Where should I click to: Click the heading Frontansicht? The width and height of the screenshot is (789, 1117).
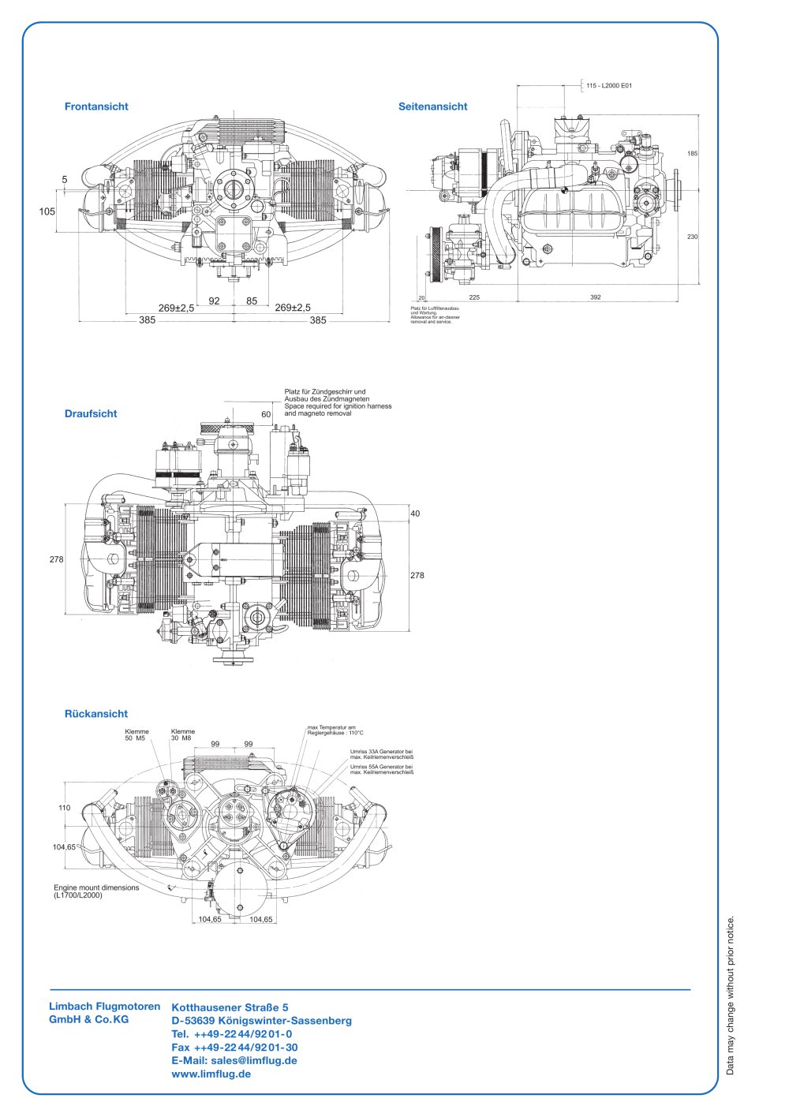[x=96, y=106]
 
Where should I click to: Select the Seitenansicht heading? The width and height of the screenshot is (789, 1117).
[x=432, y=106]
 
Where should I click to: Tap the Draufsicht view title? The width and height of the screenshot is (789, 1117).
[x=91, y=413]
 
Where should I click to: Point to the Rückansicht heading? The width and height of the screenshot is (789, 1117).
[x=95, y=714]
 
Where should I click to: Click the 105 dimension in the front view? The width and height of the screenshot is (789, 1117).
[x=47, y=211]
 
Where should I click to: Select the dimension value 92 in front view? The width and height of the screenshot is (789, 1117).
[x=214, y=301]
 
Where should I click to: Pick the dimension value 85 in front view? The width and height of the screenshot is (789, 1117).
[x=252, y=301]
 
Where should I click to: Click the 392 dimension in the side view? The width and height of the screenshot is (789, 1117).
[x=596, y=297]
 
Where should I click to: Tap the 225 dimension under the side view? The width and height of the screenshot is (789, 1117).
[x=474, y=297]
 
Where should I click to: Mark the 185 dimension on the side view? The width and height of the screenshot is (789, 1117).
[x=692, y=154]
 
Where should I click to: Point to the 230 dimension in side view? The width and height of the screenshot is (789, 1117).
[x=692, y=237]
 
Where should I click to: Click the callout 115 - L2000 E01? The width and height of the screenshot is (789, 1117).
[x=609, y=85]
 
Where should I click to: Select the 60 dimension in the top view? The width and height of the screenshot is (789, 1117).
[x=266, y=414]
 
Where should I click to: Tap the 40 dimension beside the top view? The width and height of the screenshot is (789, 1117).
[x=415, y=514]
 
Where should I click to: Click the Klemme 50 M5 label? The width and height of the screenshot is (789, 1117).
[x=136, y=735]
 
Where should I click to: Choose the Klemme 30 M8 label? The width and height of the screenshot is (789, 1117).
[x=182, y=735]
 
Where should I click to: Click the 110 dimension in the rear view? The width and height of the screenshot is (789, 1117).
[x=65, y=808]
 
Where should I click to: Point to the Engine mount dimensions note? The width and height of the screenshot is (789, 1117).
[x=96, y=891]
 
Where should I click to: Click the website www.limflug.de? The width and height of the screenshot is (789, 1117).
[x=211, y=1074]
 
